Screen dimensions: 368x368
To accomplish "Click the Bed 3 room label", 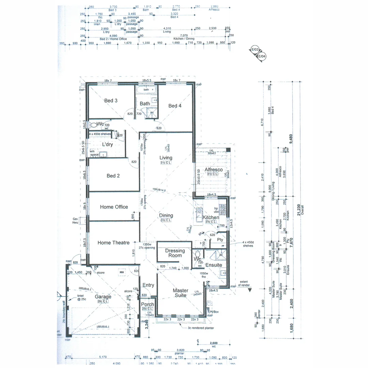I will pos(111,101).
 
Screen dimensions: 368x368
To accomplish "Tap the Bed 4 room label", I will pos(175,106).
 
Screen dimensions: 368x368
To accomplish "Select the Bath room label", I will pos(145,104).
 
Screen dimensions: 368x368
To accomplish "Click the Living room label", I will pos(166,158).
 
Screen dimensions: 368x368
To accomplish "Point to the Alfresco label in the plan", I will pos(214,170).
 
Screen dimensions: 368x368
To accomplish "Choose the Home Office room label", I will pos(114,207).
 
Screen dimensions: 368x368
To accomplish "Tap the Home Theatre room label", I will pos(113,243).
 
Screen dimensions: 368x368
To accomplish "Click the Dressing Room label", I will pos(175,253).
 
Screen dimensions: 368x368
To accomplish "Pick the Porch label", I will pos(148,304).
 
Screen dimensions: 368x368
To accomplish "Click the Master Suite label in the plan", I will pos(181,293).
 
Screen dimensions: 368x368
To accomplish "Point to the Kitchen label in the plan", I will pos(211,217).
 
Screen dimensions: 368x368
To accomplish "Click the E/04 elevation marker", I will pos(262,56).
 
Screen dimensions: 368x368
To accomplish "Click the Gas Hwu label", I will pos(75,221).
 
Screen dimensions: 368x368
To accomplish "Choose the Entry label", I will pos(148,285).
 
